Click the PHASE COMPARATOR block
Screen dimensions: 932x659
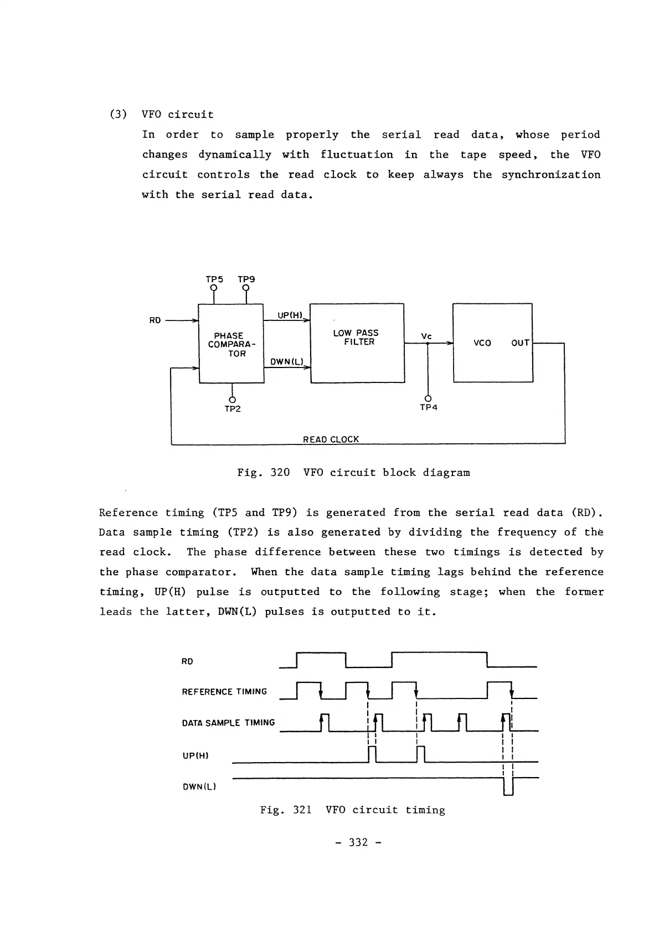click(x=231, y=344)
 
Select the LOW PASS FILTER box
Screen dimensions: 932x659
click(x=357, y=343)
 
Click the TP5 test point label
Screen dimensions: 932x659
click(x=214, y=279)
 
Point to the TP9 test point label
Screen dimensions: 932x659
click(x=246, y=279)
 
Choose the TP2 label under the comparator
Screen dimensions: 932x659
click(x=233, y=409)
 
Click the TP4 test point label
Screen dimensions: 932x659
click(x=429, y=408)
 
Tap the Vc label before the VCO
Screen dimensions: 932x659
click(x=426, y=336)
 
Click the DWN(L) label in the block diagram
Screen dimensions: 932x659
click(x=288, y=362)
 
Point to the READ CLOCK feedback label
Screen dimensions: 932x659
click(x=331, y=439)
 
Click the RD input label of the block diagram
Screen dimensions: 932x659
click(x=155, y=320)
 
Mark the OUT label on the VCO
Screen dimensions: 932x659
click(x=520, y=343)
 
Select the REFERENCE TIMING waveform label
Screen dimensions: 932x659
click(x=224, y=692)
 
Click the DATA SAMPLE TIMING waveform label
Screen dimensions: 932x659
click(x=228, y=723)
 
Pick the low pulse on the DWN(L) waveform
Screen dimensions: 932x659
click(x=508, y=786)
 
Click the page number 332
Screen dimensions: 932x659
click(x=358, y=842)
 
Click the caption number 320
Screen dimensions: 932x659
click(x=280, y=473)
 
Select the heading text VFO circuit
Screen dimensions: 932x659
click(x=177, y=115)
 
